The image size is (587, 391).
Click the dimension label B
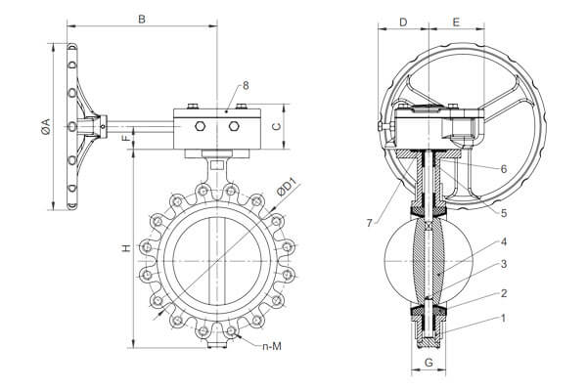pyautogui.click(x=142, y=19)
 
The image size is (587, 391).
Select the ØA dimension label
pyautogui.click(x=42, y=125)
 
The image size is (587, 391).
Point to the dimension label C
pyautogui.click(x=277, y=125)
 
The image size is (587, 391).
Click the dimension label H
pyautogui.click(x=125, y=248)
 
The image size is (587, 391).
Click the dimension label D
pyautogui.click(x=404, y=21)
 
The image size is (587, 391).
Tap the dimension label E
pyautogui.click(x=456, y=21)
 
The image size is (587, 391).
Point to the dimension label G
pyautogui.click(x=429, y=363)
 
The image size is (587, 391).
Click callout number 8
pyautogui.click(x=246, y=86)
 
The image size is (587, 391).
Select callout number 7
pyautogui.click(x=369, y=224)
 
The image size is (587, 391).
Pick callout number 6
pyautogui.click(x=502, y=168)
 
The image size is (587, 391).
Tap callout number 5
pyautogui.click(x=502, y=212)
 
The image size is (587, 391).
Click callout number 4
pyautogui.click(x=502, y=240)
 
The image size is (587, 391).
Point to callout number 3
pyautogui.click(x=502, y=264)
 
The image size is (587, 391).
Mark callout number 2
pyautogui.click(x=502, y=292)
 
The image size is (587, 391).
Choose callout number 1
pyautogui.click(x=502, y=319)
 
